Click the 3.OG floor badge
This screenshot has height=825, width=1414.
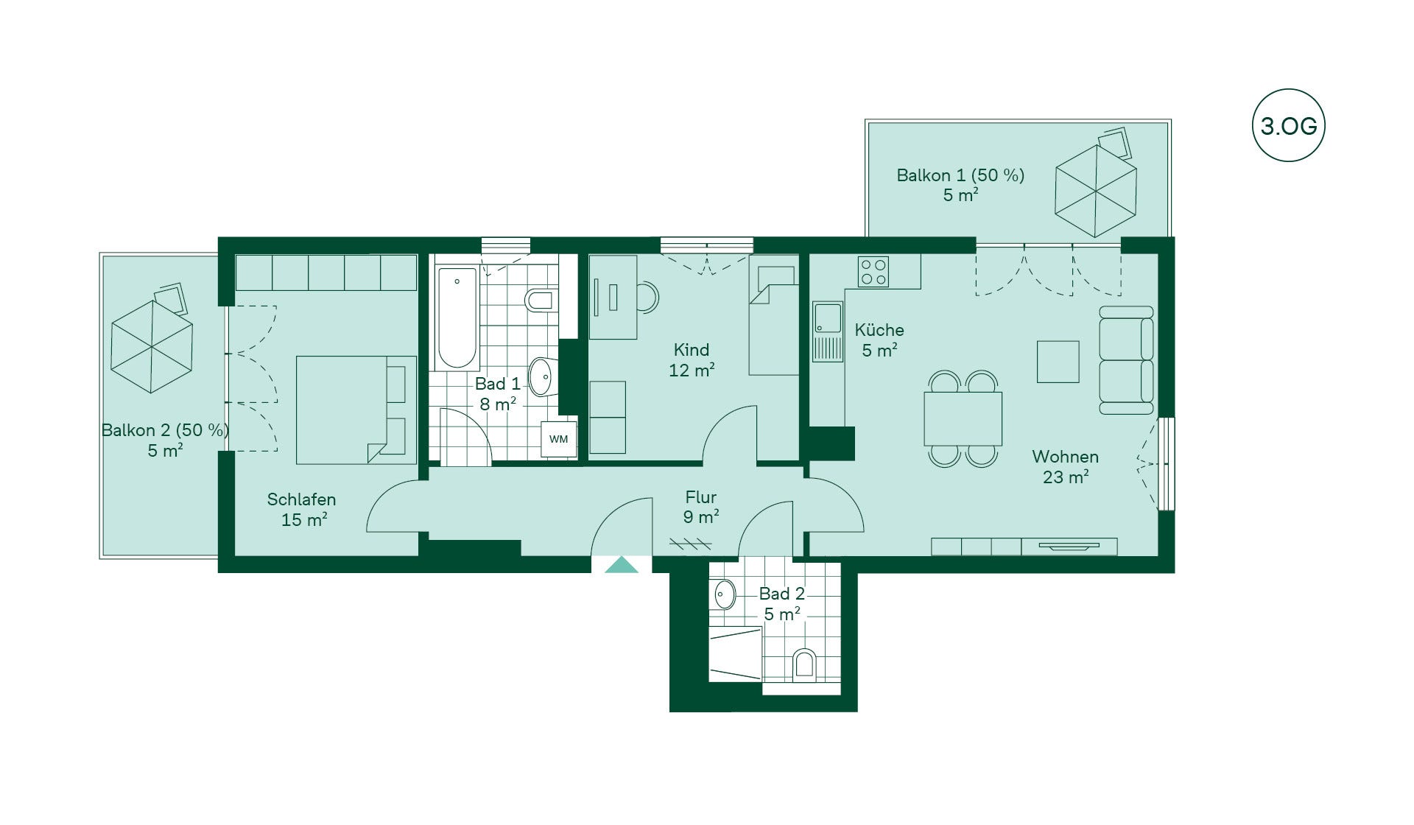[1288, 125]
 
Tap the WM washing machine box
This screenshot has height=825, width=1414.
[558, 439]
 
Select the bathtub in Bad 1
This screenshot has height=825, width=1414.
[457, 318]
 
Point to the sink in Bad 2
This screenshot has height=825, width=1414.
[725, 594]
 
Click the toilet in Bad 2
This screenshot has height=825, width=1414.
[804, 664]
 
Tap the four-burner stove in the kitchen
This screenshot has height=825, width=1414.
[873, 271]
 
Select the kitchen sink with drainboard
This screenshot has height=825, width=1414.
[828, 331]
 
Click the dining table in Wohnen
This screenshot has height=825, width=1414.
[963, 418]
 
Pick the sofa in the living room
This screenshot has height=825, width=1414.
[1126, 360]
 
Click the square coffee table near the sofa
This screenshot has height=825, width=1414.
[1058, 362]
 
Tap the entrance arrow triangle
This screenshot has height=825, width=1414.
[621, 565]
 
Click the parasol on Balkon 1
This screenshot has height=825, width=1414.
[1095, 191]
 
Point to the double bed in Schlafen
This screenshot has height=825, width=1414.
[356, 410]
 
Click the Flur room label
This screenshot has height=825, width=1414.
[700, 497]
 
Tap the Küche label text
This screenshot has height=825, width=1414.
[879, 330]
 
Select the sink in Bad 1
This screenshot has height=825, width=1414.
[541, 376]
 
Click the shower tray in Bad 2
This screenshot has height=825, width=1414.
[735, 654]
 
